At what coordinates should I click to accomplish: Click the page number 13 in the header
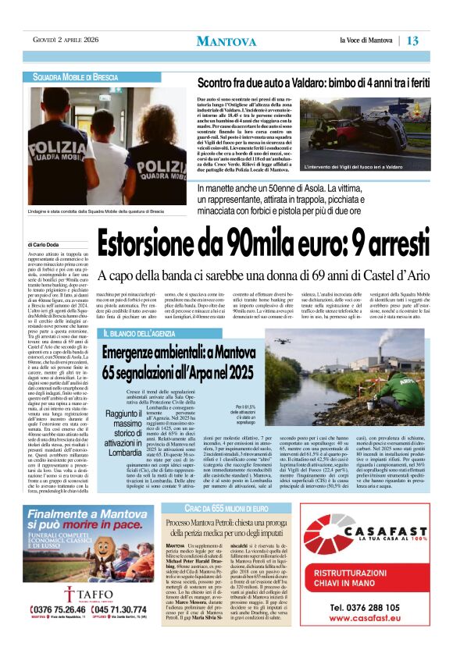coord(413,40)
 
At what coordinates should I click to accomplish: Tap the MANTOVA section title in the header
coord(226,41)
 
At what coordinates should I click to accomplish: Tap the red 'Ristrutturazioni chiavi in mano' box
coord(366,580)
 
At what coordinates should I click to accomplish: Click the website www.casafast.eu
coord(366,619)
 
